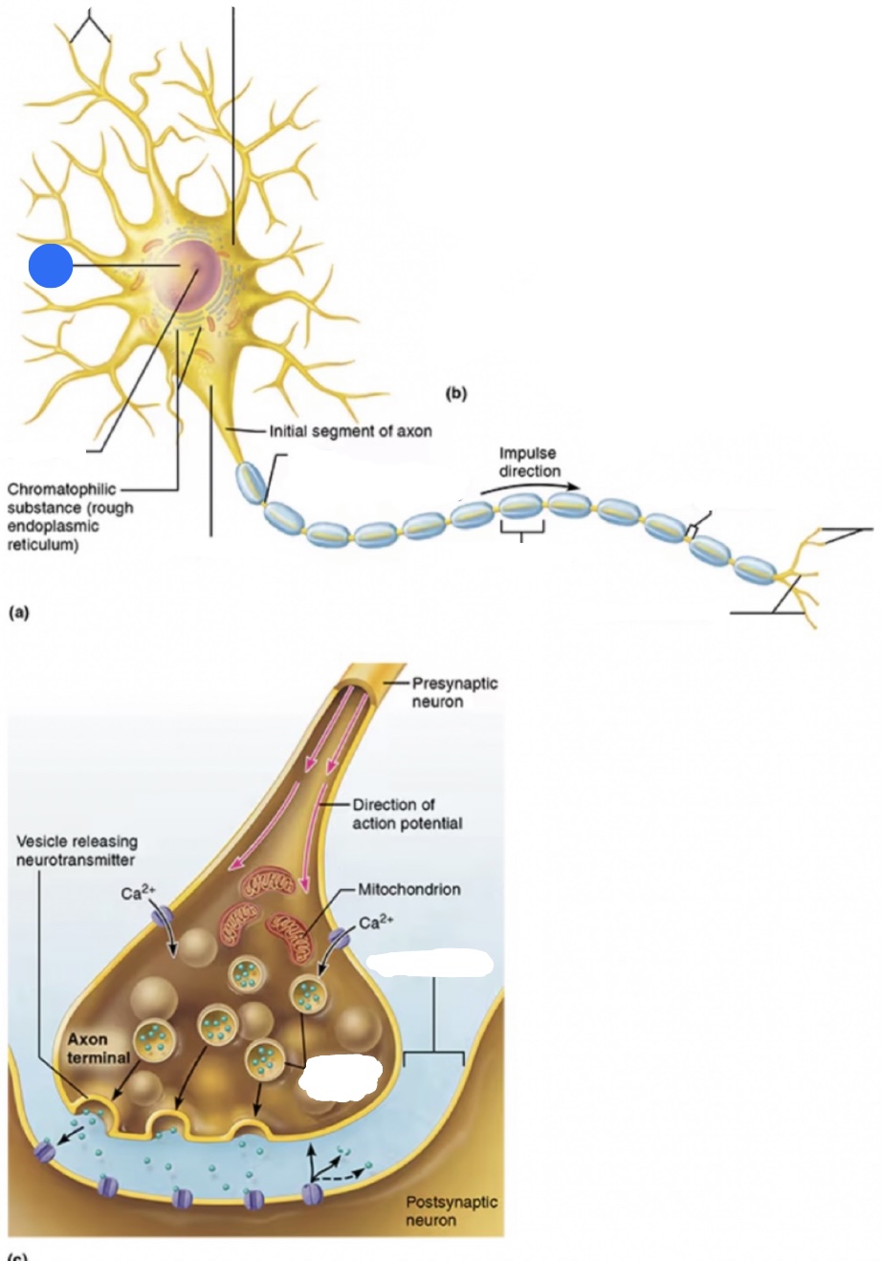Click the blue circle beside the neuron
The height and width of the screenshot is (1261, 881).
tap(51, 266)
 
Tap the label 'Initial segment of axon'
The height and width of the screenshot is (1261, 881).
tap(350, 431)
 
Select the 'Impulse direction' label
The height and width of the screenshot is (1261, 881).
tap(529, 462)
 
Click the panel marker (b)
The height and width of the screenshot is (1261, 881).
tap(456, 393)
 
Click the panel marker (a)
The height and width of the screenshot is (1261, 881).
tap(18, 613)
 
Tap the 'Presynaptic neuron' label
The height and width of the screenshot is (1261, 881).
tap(454, 692)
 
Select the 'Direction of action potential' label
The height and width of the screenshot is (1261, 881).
tap(407, 814)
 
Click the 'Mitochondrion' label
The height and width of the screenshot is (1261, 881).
tap(408, 889)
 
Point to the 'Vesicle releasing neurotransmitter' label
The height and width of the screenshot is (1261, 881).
tap(77, 850)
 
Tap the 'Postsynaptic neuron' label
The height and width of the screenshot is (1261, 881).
tap(452, 1210)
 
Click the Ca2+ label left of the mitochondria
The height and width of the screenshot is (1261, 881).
tap(138, 894)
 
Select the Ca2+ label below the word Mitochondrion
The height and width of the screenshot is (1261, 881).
tap(376, 923)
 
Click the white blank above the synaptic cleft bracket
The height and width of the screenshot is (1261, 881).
tap(429, 963)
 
